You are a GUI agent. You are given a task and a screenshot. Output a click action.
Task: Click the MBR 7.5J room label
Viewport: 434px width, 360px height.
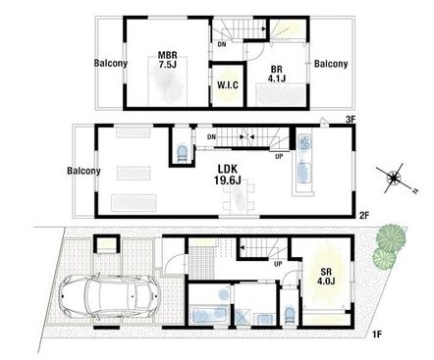[x=168, y=60]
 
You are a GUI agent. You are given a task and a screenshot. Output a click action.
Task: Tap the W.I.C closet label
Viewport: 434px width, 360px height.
[x=228, y=85]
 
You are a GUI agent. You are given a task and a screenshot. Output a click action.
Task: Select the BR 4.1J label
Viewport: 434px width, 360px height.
[x=277, y=74]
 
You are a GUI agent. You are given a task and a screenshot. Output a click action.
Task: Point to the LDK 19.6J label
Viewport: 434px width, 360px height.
[x=228, y=175]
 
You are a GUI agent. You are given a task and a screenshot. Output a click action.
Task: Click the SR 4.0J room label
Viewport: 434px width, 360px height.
[x=326, y=277]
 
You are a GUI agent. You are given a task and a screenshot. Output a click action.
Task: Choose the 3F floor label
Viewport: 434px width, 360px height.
[x=351, y=120]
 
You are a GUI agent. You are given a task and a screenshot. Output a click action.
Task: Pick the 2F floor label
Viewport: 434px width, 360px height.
[x=364, y=215]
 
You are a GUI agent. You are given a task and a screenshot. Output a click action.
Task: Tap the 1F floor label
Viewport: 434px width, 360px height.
[x=377, y=334]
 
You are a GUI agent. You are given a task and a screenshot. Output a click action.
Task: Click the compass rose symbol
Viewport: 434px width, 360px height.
[x=394, y=179]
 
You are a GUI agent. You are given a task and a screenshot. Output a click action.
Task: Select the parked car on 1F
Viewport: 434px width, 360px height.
[x=109, y=296]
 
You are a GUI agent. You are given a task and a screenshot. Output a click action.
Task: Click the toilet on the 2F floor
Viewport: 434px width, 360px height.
[x=182, y=152]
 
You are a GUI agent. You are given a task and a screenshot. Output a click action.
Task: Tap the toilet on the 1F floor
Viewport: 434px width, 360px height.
[x=290, y=315]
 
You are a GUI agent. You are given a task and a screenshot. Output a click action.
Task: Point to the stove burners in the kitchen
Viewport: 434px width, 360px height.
[x=304, y=141]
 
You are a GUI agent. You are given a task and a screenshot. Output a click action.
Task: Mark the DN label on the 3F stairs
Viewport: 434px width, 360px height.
[x=222, y=45]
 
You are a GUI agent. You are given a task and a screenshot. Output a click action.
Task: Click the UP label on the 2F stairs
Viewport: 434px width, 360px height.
[x=279, y=157]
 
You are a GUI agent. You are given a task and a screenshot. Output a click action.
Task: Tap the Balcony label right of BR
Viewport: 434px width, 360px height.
[x=331, y=64]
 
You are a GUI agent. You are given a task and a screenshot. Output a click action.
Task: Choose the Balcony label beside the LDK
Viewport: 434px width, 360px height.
[x=83, y=171]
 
